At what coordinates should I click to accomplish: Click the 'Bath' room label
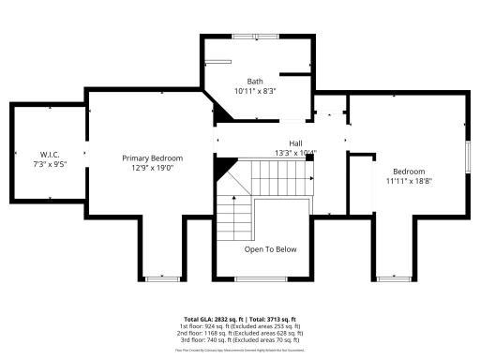coord(255,81)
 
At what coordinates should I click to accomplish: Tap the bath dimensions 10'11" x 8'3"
coord(255,91)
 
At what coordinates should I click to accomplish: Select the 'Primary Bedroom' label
coord(152,158)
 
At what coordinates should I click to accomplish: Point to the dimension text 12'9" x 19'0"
coord(152,168)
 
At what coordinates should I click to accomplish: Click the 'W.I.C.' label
coord(50,154)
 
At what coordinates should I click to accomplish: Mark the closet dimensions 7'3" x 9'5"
coord(50,163)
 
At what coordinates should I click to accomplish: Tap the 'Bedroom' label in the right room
coord(409,172)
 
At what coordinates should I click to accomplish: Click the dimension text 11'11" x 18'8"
coord(409,181)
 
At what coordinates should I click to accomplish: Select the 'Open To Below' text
coord(271,249)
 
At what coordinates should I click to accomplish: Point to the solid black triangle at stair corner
coord(224,169)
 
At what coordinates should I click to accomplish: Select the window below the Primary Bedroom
coord(161,278)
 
